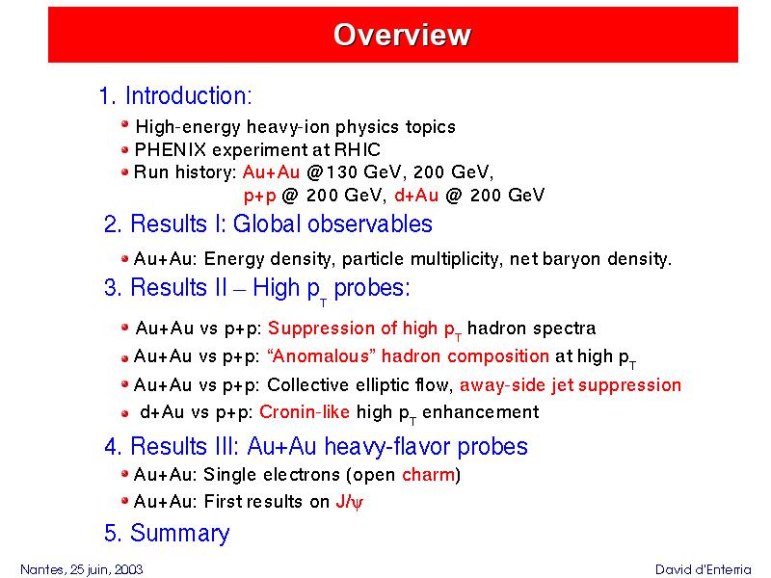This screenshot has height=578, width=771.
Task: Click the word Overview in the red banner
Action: click(402, 35)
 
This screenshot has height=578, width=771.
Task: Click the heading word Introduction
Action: click(188, 95)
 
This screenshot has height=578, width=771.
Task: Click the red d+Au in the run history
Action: click(416, 196)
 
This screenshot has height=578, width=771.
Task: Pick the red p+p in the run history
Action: click(259, 197)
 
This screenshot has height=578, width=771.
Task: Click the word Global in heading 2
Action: click(267, 223)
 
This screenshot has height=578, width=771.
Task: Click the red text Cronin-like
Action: click(305, 411)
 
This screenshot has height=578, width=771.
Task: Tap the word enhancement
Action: click(480, 411)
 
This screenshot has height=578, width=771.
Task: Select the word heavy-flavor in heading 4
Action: click(388, 447)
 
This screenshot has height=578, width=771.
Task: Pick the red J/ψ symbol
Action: click(350, 502)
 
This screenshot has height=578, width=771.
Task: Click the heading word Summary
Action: click(179, 534)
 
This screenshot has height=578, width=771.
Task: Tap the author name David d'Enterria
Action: click(704, 569)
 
